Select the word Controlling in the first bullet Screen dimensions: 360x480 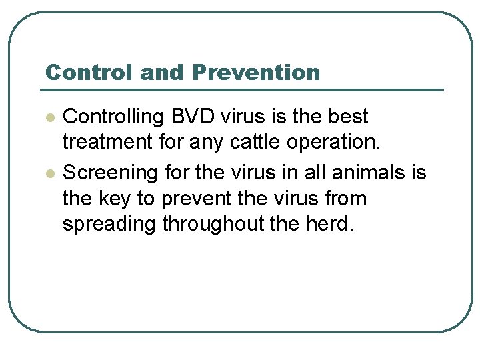(113, 117)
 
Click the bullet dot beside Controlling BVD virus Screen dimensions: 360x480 (49, 117)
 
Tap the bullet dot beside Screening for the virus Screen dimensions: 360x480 (49, 173)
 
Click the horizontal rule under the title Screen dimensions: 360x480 (242, 89)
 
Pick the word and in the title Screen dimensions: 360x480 (159, 72)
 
